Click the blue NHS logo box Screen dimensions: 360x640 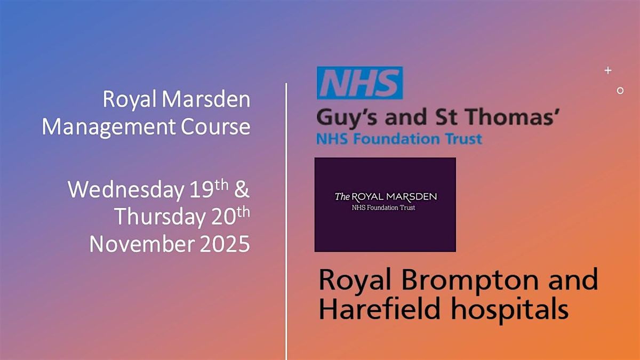pos(359,83)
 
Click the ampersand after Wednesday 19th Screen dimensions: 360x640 pos(242,190)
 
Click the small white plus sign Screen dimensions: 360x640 pos(607,70)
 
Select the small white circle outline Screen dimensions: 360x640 pos(620,91)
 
